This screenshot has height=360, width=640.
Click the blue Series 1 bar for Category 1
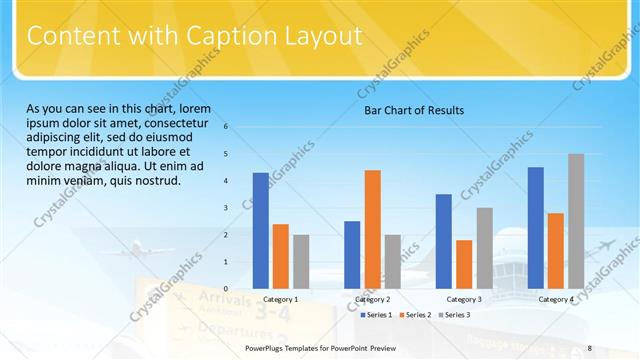coord(261,231)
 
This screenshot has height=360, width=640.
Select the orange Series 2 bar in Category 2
coord(372,229)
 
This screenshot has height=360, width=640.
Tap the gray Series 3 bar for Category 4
coord(576,221)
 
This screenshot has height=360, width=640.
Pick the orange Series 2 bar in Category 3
coord(464,264)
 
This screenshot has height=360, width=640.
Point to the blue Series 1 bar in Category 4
coord(536,228)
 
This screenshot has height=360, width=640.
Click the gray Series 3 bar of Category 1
coord(301,262)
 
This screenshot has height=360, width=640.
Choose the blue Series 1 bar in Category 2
coord(352,255)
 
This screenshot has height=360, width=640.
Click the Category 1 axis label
coord(281,299)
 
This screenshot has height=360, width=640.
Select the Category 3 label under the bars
coord(464,299)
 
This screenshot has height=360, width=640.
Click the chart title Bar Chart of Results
coord(413,110)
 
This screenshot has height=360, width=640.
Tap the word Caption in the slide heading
coord(225,38)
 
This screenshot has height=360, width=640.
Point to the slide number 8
coord(590,348)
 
